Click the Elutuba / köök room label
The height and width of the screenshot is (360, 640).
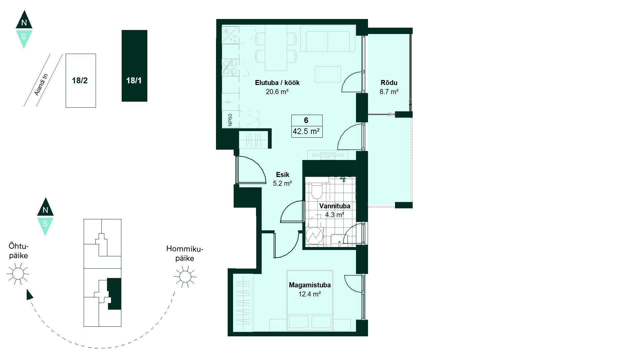pyautogui.click(x=277, y=83)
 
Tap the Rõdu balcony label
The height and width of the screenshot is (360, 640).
pyautogui.click(x=389, y=83)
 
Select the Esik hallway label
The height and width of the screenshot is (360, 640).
pyautogui.click(x=283, y=175)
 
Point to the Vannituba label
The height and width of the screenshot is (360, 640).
pyautogui.click(x=335, y=206)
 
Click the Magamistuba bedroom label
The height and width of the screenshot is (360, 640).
pyautogui.click(x=310, y=285)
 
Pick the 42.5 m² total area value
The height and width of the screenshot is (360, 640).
pyautogui.click(x=306, y=131)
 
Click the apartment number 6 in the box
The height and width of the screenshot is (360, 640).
pyautogui.click(x=306, y=120)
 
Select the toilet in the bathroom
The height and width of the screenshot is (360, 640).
pyautogui.click(x=316, y=191)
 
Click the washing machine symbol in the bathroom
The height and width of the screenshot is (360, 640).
pyautogui.click(x=315, y=236)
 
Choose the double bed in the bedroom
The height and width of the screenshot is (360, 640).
pyautogui.click(x=310, y=300)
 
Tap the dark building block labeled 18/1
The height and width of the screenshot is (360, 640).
pyautogui.click(x=134, y=66)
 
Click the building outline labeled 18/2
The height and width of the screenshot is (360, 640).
pyautogui.click(x=81, y=81)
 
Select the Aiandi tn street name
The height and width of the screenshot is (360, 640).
pyautogui.click(x=42, y=85)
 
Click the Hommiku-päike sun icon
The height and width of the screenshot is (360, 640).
pyautogui.click(x=185, y=276)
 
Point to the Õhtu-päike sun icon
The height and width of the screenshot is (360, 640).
pyautogui.click(x=18, y=274)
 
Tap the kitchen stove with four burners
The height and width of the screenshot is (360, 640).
pyautogui.click(x=230, y=67)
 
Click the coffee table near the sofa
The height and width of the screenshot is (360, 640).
pyautogui.click(x=328, y=74)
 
